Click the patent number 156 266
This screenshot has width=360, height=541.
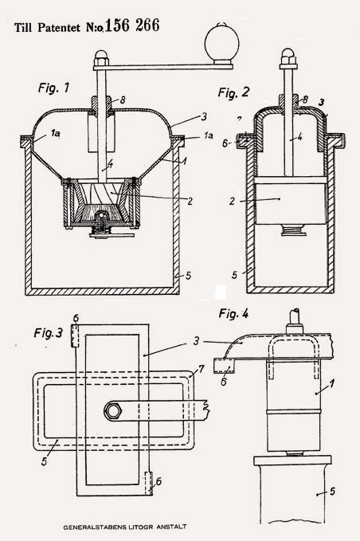click(x=132, y=25)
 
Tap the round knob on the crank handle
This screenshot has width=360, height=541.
click(x=221, y=42)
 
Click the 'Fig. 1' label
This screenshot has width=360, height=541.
click(x=53, y=88)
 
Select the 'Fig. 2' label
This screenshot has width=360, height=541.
click(x=233, y=92)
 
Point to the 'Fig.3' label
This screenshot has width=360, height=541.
click(x=49, y=333)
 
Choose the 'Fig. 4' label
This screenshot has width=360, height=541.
click(x=233, y=314)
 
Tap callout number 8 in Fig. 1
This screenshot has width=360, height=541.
click(x=123, y=100)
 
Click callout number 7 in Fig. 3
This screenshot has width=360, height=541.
click(x=201, y=370)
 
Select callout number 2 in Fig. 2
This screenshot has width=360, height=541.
click(x=232, y=201)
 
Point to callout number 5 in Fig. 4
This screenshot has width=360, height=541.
click(x=332, y=491)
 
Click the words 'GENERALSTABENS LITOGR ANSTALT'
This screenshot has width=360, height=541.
click(x=125, y=527)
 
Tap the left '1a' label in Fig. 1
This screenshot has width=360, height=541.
click(x=55, y=132)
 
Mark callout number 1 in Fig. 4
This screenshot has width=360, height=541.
click(x=331, y=384)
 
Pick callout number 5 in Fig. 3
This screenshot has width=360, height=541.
click(x=44, y=461)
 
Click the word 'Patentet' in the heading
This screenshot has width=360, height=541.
click(x=61, y=28)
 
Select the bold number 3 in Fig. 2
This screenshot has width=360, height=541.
click(x=321, y=103)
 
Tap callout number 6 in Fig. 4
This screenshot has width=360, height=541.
click(x=224, y=382)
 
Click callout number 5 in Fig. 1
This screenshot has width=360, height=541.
click(x=188, y=276)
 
